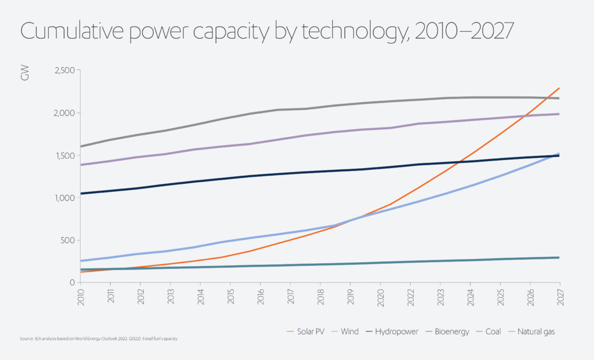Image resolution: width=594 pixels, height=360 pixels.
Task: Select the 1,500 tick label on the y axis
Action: [x=64, y=155]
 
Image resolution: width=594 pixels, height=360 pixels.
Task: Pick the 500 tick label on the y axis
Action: [x=68, y=240]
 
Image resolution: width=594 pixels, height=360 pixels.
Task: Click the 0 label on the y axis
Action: [x=73, y=282]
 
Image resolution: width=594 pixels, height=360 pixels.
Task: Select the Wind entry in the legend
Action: [x=348, y=332]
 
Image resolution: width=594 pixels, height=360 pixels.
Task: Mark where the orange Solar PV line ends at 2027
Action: [x=559, y=88]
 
